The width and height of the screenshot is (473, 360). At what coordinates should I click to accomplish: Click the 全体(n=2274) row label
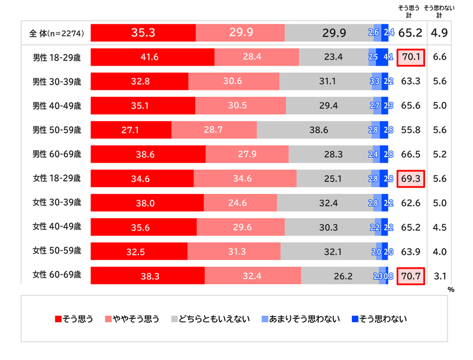coord(56,33)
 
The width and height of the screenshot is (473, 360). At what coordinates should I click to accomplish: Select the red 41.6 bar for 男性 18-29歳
coord(153,57)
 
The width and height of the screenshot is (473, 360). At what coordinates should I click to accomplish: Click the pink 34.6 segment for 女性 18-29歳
coord(245,179)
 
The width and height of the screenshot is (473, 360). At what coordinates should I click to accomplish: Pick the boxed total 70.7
coord(410,275)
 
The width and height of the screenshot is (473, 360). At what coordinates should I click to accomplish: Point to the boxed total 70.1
coord(410,57)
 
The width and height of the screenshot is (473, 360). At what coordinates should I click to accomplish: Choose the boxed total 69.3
coord(410,179)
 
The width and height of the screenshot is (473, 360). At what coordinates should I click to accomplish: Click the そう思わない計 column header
coord(439,11)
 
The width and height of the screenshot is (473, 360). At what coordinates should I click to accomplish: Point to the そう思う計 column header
coord(409,11)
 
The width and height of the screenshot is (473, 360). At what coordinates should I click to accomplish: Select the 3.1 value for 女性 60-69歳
coord(439,275)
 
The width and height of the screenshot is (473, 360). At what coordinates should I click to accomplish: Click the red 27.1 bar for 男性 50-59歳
coord(131,130)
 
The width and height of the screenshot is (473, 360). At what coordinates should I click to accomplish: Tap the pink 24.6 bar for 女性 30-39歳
coord(239,203)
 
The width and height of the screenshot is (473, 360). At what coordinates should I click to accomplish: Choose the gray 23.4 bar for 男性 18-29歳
coord(333,57)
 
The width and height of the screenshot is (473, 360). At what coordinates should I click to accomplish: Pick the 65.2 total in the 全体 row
coord(410,33)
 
